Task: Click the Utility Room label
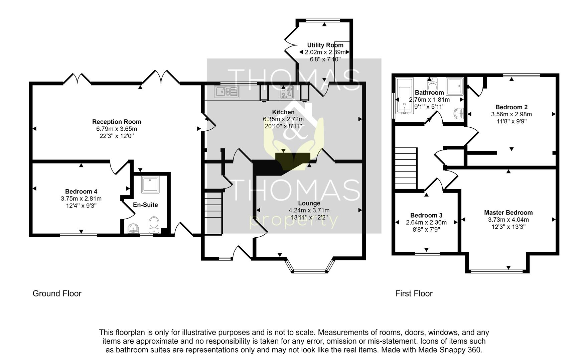(x=325, y=45)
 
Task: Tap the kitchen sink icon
(x=227, y=92)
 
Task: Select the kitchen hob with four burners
(x=286, y=92)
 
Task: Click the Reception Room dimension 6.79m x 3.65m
(x=117, y=129)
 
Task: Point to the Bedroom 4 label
(x=81, y=192)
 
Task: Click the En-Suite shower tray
(x=150, y=185)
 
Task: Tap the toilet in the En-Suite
(x=154, y=224)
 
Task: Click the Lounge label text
(x=309, y=203)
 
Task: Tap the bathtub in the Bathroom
(x=404, y=96)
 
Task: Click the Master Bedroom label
(x=508, y=213)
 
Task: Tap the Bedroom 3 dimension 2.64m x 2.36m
(x=426, y=222)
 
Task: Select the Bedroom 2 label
(x=511, y=107)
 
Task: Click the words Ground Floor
(x=57, y=293)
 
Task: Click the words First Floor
(x=414, y=293)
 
